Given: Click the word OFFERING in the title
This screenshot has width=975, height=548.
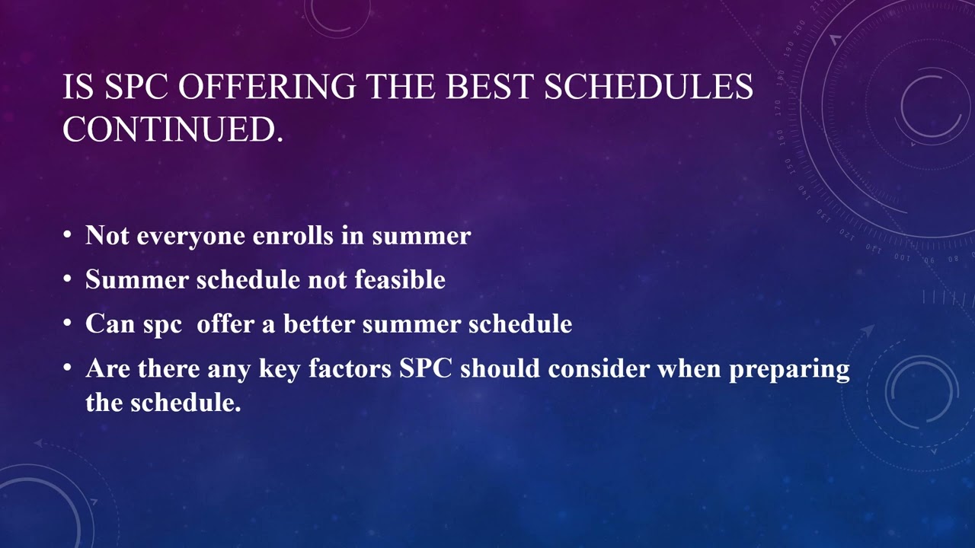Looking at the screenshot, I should coord(267,88).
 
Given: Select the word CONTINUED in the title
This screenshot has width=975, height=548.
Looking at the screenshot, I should coord(172,130).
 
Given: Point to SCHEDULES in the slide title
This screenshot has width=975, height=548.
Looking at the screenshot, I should coord(648,88).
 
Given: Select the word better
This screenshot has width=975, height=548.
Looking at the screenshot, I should coord(319,324).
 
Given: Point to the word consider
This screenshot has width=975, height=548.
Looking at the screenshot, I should coord(599,369).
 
